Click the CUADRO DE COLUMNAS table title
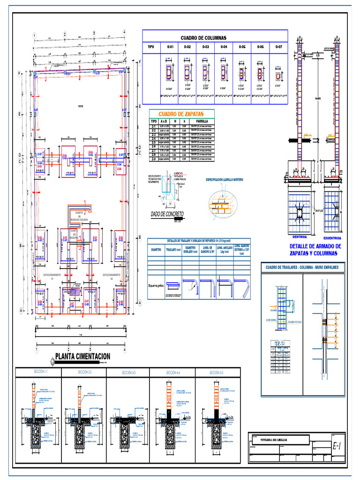tap(203, 37)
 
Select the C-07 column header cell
tap(278, 47)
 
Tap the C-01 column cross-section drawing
tap(169, 73)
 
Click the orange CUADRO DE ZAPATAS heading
tap(180, 114)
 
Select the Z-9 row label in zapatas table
tap(153, 159)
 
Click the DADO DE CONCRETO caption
tap(167, 214)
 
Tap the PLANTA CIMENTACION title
tap(82, 356)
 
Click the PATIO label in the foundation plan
tap(80, 106)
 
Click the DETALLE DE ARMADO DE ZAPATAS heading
tap(315, 249)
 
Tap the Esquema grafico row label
tap(156, 285)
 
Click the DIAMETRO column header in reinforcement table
tap(156, 250)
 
